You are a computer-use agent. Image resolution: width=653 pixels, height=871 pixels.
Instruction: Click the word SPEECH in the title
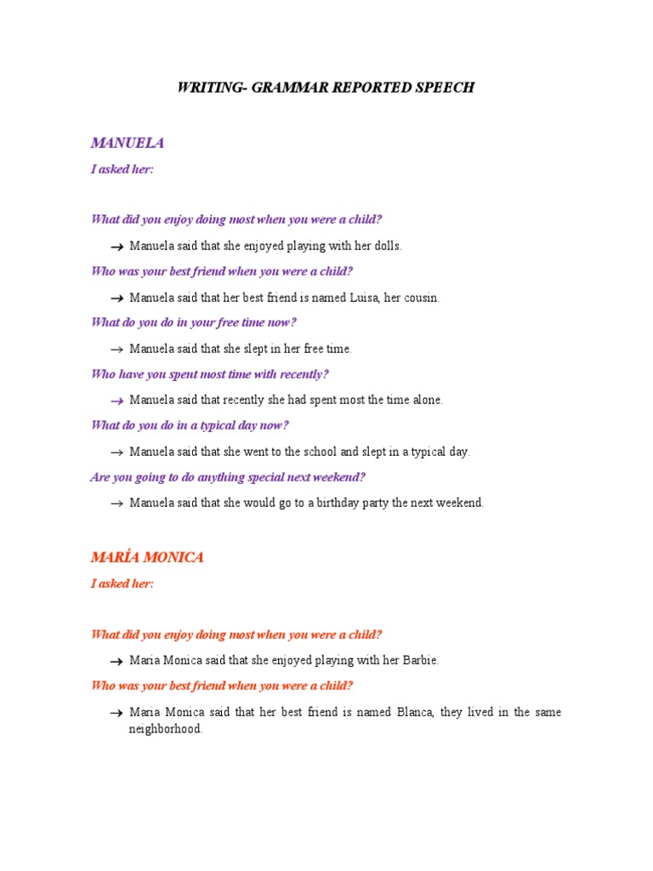[x=442, y=88]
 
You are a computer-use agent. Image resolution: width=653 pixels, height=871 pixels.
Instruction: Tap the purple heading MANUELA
[x=128, y=143]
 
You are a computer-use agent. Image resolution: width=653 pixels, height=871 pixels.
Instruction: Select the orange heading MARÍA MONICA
[x=147, y=558]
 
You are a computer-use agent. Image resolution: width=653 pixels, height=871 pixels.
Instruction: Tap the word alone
[x=426, y=400]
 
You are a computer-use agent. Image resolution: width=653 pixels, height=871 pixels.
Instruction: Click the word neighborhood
[x=165, y=729]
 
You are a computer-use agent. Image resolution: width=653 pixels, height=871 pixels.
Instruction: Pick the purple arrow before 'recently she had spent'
[x=116, y=401]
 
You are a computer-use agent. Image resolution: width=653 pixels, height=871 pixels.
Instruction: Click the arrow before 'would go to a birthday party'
[x=116, y=504]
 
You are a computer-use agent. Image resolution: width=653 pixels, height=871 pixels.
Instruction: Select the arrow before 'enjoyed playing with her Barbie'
[x=116, y=661]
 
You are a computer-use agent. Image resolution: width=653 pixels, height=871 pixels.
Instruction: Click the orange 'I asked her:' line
[x=122, y=584]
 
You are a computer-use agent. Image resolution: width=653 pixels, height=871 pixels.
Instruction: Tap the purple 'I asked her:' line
[x=122, y=168]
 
